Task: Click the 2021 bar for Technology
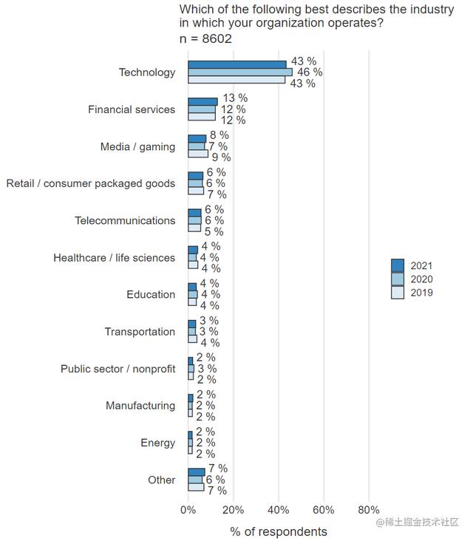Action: coord(236,65)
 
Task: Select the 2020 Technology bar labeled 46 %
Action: coord(240,72)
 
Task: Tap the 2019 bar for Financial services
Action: coord(202,117)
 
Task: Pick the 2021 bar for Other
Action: coord(197,472)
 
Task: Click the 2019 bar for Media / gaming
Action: coord(198,154)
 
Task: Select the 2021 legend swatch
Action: coord(398,266)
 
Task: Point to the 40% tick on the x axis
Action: coord(279,510)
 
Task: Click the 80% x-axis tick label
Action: coord(368,510)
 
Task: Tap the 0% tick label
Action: coord(188,510)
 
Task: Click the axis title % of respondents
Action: coord(278,531)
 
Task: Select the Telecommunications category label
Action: coord(125,220)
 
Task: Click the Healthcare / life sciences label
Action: coord(114,258)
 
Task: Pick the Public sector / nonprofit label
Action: coord(118,369)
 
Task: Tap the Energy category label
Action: coord(157,443)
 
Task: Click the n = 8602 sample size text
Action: coord(205,38)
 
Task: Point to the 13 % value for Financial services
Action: coord(234,98)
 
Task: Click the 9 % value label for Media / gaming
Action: coord(221,157)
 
